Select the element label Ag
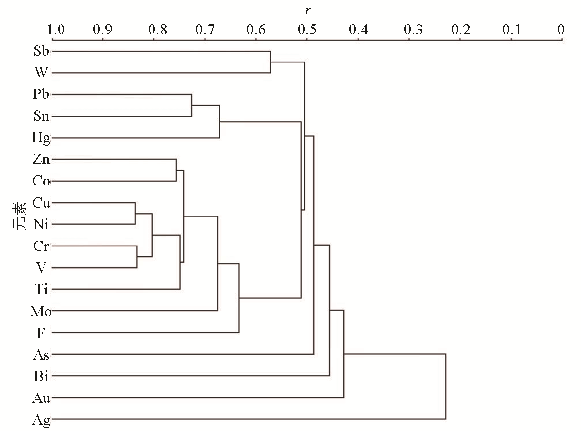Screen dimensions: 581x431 41,420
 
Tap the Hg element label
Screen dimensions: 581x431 41,138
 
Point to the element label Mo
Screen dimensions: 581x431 41,311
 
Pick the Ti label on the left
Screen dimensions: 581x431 41,289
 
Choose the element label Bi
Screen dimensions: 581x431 41,376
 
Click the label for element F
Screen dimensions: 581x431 41,333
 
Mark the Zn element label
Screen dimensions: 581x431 41,159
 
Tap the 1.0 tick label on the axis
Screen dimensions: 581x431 56,30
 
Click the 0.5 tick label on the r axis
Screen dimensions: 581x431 307,30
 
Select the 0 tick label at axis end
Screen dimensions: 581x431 561,30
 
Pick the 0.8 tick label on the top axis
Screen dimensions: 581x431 157,30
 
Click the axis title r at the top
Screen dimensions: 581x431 307,11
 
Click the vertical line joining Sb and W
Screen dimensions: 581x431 271,62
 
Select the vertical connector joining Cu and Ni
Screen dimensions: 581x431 135,214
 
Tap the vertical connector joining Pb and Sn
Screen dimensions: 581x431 191,105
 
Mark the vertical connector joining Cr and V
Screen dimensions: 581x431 137,256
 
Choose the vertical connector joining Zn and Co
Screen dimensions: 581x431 176,170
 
